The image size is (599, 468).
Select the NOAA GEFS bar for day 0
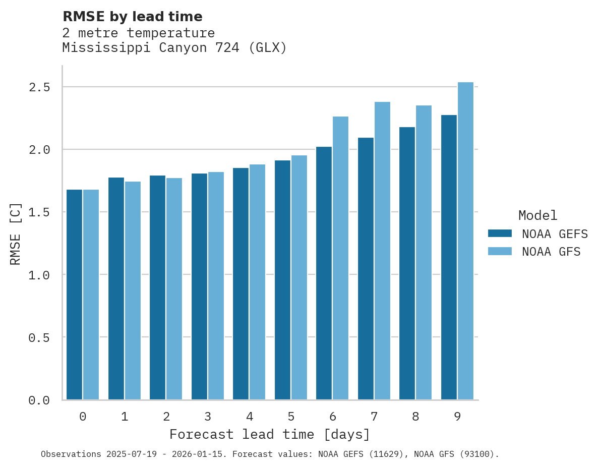point(74,295)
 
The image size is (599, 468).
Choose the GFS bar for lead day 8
point(424,253)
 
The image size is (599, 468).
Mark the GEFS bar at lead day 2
point(157,287)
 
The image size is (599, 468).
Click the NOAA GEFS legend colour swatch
point(500,233)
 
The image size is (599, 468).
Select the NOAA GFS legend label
point(551,252)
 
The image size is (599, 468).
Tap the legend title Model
point(537,216)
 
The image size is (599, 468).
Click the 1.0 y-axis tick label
point(39,275)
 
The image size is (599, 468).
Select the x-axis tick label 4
point(249,417)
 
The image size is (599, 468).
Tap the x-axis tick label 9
point(457,417)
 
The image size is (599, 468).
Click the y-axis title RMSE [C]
point(16,233)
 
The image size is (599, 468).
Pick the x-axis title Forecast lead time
point(270,434)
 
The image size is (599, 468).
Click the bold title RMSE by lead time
point(132,17)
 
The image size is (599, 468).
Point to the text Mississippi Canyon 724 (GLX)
point(174,48)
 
